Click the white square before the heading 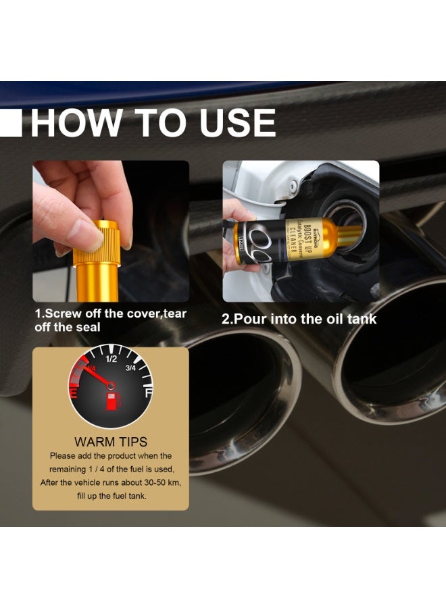click(11, 124)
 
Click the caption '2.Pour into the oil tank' click(299, 319)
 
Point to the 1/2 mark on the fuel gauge click(112, 359)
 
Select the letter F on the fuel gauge click(147, 391)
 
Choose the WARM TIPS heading click(111, 442)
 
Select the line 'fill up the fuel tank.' click(110, 497)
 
